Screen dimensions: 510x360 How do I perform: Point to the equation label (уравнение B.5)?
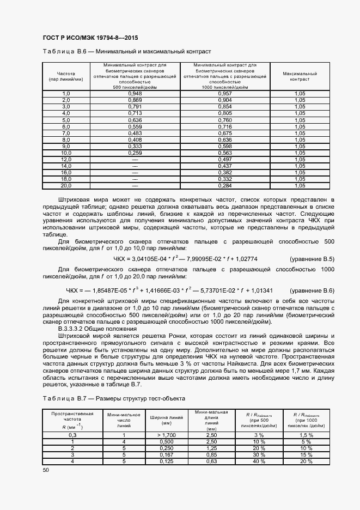click(x=312, y=258)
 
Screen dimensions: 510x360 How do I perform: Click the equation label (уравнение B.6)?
click(x=312, y=290)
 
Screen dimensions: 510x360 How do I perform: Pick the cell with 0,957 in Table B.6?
click(x=225, y=94)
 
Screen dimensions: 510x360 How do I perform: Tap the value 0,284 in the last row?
click(x=225, y=185)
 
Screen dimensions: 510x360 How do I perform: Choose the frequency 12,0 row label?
click(x=66, y=159)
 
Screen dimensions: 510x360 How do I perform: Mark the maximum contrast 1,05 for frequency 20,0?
click(x=300, y=185)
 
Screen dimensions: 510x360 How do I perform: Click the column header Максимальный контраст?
click(x=300, y=76)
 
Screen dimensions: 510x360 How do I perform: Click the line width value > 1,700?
click(x=167, y=435)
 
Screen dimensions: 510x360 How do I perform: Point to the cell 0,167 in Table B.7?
click(x=167, y=454)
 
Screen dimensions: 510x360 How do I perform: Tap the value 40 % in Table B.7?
click(x=259, y=461)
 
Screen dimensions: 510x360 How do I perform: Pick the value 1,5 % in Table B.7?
click(x=306, y=435)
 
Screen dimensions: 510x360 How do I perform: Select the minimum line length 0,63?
click(x=212, y=461)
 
